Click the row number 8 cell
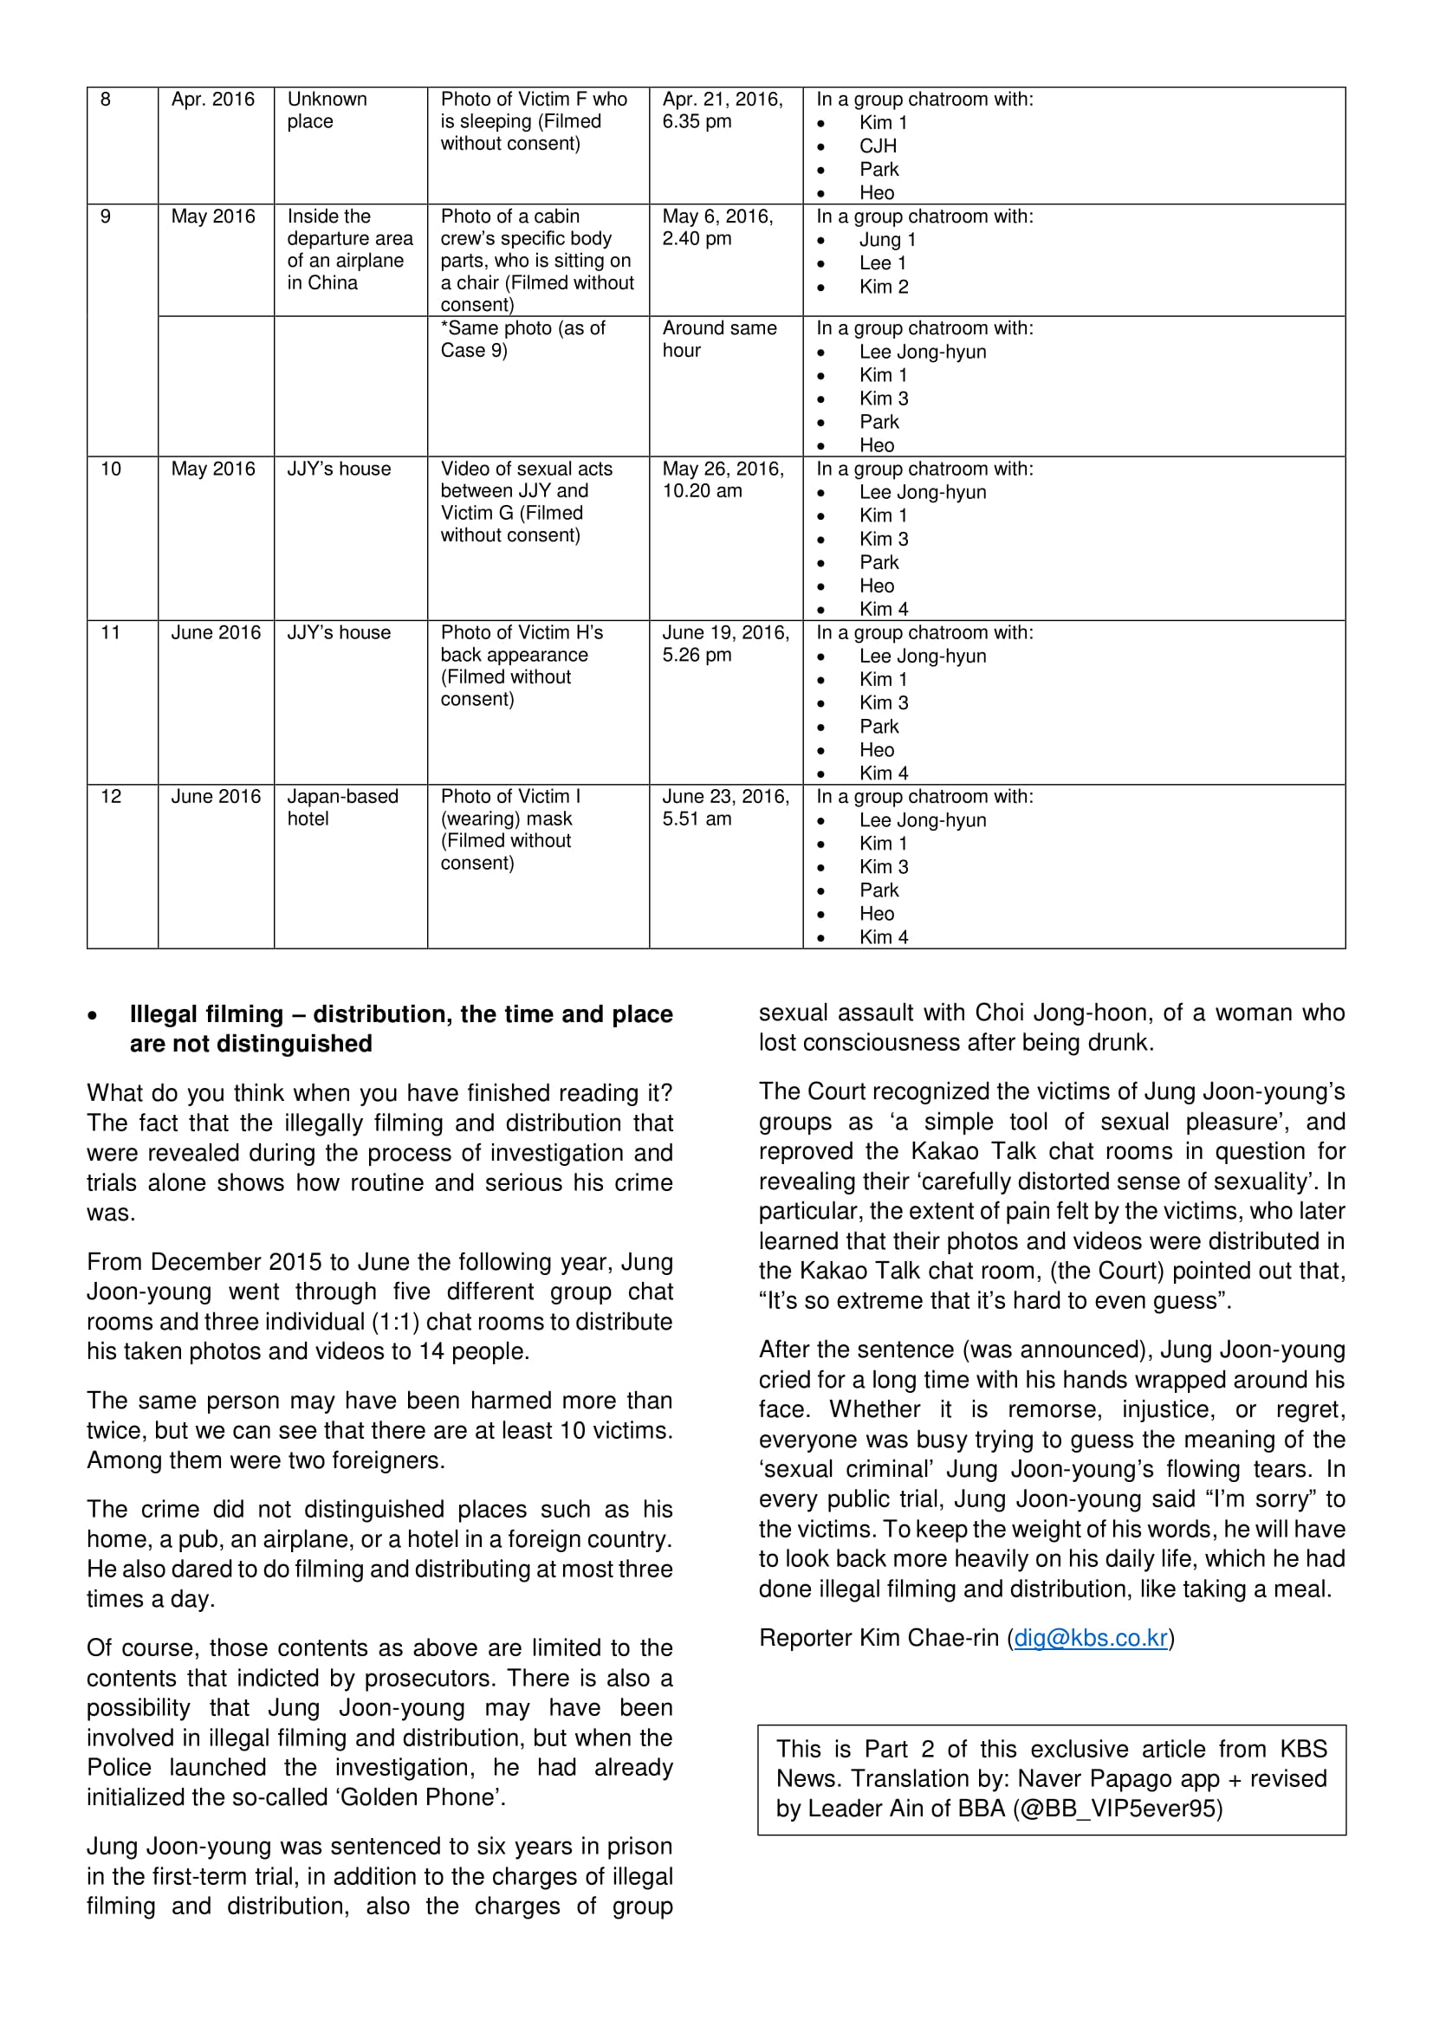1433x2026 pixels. [106, 100]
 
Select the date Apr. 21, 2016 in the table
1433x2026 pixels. [722, 100]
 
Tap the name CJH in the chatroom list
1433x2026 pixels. [878, 146]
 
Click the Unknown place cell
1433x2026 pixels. [327, 110]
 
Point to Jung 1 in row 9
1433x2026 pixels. [888, 240]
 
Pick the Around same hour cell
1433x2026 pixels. [719, 340]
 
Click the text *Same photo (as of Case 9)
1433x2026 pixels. [522, 340]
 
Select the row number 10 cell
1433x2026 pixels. [110, 469]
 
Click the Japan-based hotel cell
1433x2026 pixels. [342, 807]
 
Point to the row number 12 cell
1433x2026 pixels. [110, 797]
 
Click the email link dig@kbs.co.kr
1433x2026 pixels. [1091, 1639]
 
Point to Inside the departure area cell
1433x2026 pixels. [349, 249]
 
